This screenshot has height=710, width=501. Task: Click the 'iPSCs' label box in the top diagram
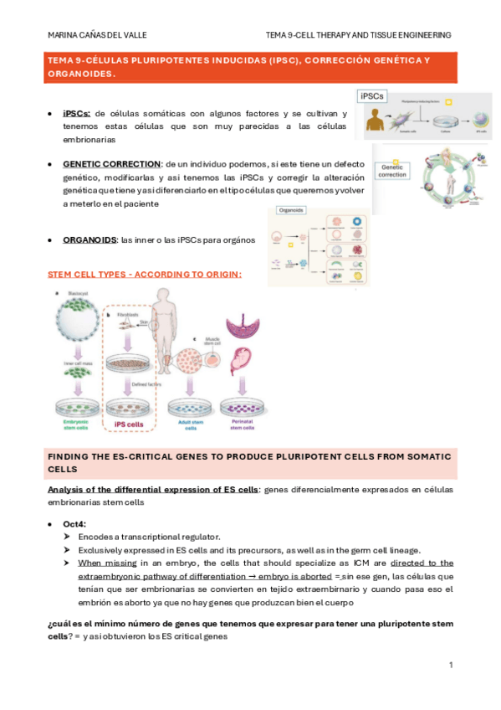click(x=372, y=96)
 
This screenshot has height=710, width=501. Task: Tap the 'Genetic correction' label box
click(x=392, y=171)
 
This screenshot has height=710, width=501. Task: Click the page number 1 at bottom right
click(x=450, y=665)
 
